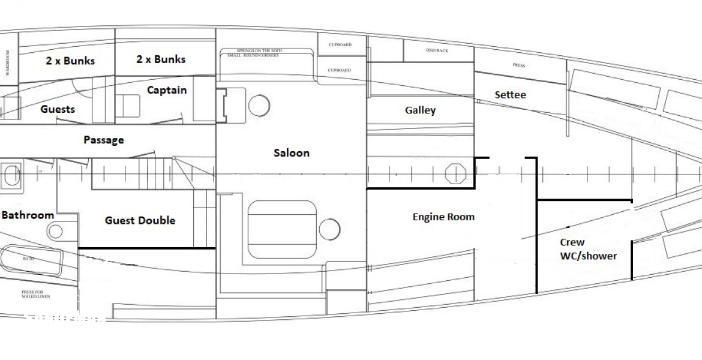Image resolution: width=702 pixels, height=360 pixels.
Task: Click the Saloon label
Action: [x=292, y=153]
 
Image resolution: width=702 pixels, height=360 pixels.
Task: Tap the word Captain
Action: [x=167, y=91]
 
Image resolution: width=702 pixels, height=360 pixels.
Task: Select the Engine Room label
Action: [x=443, y=217]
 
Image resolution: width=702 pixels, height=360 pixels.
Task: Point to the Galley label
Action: [x=420, y=110]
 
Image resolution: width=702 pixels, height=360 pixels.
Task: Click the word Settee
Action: [x=510, y=95]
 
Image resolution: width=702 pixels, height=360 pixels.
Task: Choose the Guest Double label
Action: [x=140, y=220]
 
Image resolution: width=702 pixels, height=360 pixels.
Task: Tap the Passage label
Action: [x=103, y=140]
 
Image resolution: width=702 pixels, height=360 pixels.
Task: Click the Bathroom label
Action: [x=27, y=215]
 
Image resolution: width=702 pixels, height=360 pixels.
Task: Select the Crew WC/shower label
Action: [x=588, y=249]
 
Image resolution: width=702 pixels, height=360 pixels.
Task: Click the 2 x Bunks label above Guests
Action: [x=70, y=61]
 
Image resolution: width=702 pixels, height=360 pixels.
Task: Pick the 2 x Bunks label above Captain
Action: [x=161, y=59]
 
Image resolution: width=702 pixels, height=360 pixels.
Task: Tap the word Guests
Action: [x=58, y=109]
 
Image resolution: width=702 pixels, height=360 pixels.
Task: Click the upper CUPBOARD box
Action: [x=339, y=45]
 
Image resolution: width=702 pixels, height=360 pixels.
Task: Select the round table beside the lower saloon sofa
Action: [x=329, y=228]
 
